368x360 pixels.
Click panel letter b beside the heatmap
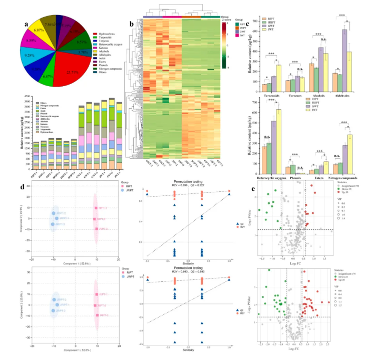(x=131, y=23)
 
